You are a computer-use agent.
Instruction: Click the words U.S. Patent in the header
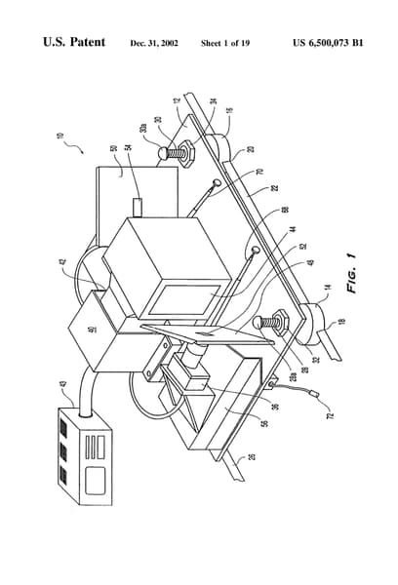pos(76,44)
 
